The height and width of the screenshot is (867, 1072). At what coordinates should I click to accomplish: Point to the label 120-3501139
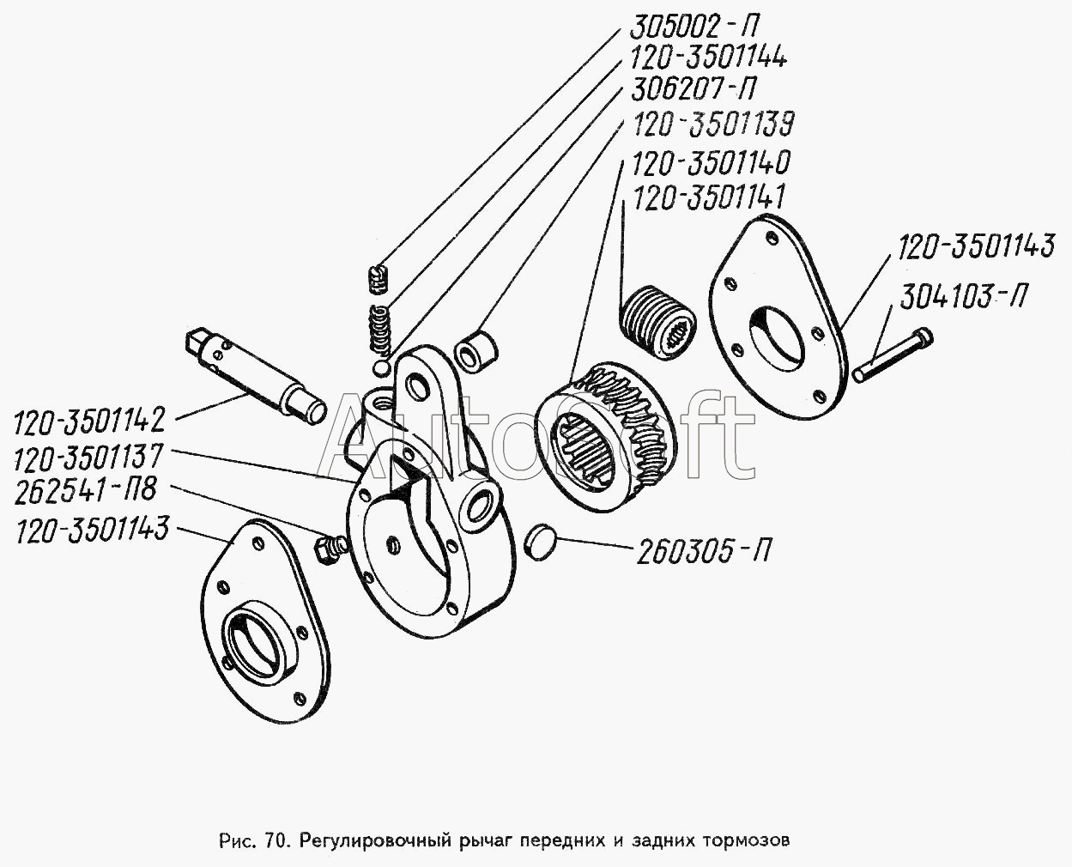coord(712,124)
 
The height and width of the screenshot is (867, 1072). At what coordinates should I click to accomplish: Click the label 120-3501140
coord(710,162)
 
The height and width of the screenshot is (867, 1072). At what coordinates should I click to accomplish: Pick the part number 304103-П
coord(962,297)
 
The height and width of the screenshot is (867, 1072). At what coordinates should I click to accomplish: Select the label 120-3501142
coord(89,420)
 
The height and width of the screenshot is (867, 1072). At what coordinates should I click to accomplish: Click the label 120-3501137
coord(88,456)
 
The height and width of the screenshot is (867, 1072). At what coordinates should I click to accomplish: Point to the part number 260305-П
coord(703,550)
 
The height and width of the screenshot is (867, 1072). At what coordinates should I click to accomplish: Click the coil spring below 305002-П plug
coord(381,330)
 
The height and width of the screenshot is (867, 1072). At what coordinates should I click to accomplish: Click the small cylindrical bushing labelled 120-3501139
coord(475,351)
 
